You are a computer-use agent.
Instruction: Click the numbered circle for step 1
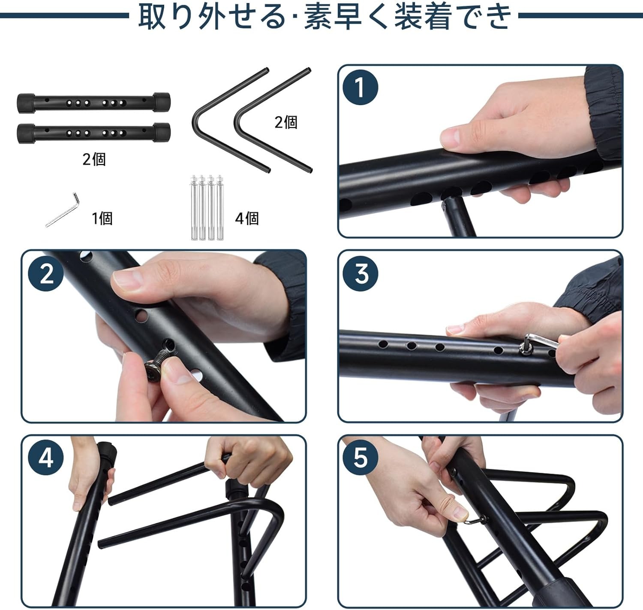360,88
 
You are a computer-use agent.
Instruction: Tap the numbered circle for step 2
46,273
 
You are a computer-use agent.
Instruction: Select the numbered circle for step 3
360,273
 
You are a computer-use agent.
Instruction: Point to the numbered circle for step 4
46,458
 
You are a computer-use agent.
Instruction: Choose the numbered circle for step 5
360,458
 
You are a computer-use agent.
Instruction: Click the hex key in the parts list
63,210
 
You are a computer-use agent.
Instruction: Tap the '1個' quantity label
102,218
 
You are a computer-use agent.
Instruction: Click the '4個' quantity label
247,218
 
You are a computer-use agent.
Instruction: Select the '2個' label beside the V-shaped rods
286,122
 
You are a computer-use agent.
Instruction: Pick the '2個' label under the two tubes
94,159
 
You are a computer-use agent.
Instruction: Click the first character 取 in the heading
152,16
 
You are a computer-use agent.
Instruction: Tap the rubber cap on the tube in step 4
107,450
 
